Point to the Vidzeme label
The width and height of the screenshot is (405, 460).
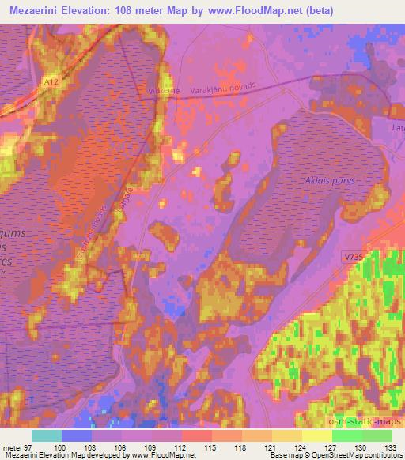pos(161,92)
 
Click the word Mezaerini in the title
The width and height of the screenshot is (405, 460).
pos(37,11)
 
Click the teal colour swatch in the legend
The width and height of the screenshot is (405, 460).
pos(46,435)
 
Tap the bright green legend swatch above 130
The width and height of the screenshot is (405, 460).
pos(346,435)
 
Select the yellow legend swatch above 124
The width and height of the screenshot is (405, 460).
pos(316,435)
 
